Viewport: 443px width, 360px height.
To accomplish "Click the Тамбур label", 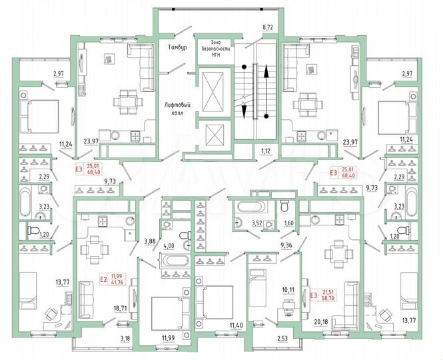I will pyautogui.click(x=177, y=49).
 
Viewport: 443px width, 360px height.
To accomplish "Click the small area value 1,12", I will pyautogui.click(x=267, y=151).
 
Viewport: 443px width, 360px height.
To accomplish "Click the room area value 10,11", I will pyautogui.click(x=287, y=290).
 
